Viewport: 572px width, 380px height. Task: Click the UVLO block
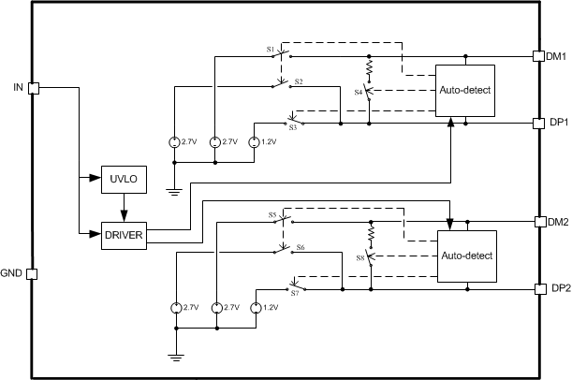click(123, 179)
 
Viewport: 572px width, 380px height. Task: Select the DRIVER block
click(123, 234)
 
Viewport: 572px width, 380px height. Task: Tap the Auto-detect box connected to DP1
click(465, 91)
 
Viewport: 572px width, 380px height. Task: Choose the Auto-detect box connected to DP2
click(465, 256)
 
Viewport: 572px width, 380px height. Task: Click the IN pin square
click(34, 88)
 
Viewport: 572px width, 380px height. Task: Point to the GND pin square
click(34, 274)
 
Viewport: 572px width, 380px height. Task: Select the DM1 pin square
click(538, 56)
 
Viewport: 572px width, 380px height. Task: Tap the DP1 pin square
click(538, 123)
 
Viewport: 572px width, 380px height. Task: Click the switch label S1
click(271, 48)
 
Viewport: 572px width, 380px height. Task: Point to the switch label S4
click(359, 92)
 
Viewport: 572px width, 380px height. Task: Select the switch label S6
click(301, 247)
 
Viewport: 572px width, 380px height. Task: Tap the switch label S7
click(294, 293)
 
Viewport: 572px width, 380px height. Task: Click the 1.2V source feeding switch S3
click(255, 141)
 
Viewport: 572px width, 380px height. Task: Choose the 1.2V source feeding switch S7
click(255, 308)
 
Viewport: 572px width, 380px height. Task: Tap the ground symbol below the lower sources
click(176, 356)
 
